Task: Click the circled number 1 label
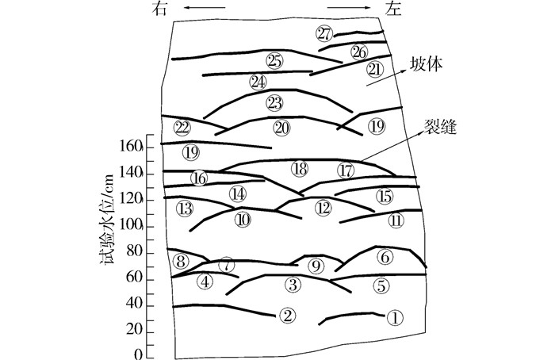coord(395,318)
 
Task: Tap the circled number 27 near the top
coord(324,33)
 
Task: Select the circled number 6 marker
coord(385,257)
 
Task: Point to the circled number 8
coord(181,262)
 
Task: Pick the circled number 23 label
coord(274,103)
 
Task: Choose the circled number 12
coord(323,208)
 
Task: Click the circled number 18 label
coord(300,169)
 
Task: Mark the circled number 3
coord(293,284)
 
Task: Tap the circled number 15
coord(385,196)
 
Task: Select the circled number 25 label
coord(274,61)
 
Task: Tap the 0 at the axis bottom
coord(139,354)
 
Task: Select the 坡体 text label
coord(427,64)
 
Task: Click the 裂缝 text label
coord(440,126)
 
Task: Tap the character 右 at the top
coord(159,9)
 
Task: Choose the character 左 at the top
coord(393,9)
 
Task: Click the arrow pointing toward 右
coord(205,7)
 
